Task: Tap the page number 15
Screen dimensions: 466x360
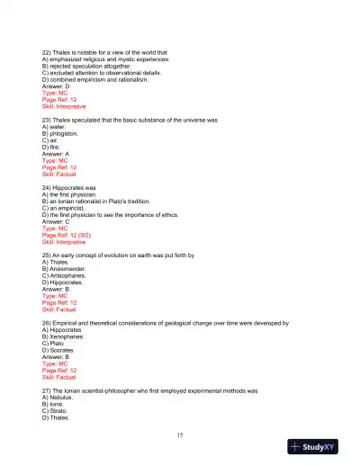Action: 180,434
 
